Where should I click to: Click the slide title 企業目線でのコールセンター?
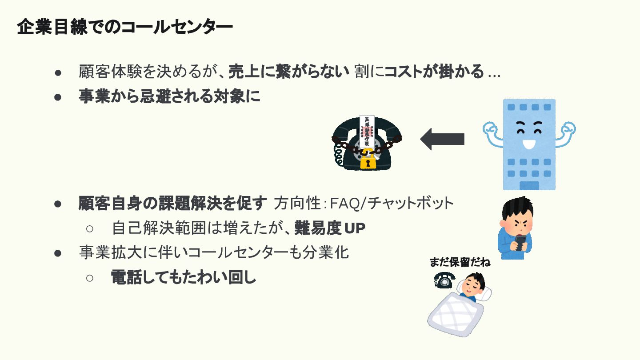coord(125,28)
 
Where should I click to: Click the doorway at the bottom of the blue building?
coord(529,185)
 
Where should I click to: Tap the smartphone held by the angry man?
coord(520,242)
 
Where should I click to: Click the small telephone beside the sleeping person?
coord(444,280)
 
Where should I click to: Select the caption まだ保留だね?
coord(460,262)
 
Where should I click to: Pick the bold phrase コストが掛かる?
coord(434,72)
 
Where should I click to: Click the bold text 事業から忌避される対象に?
coord(169,97)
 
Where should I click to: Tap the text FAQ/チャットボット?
coord(392,204)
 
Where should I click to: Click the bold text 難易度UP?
coord(330,228)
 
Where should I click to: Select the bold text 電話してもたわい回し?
coord(184,277)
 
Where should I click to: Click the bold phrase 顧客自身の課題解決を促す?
coord(173,204)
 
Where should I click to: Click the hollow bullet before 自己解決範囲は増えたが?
coord(89,228)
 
